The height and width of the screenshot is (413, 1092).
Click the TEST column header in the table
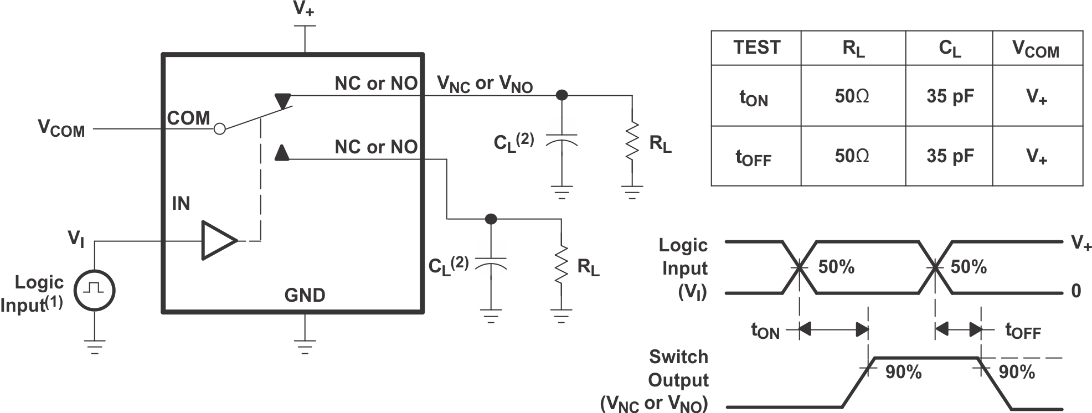click(x=756, y=48)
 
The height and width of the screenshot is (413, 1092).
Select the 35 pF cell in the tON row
click(x=950, y=96)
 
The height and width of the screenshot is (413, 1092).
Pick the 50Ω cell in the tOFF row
click(x=852, y=156)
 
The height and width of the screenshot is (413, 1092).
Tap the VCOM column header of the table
click(x=1036, y=49)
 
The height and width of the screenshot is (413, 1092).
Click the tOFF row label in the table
click(x=753, y=157)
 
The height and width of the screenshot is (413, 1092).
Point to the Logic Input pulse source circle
click(x=94, y=290)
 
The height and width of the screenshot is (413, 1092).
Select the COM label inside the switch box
click(x=188, y=118)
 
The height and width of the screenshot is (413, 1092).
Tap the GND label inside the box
click(x=305, y=296)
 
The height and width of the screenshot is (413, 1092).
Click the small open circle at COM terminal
click(x=220, y=129)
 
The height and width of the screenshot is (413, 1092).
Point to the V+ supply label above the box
click(x=304, y=9)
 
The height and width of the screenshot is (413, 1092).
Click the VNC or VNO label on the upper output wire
click(x=485, y=84)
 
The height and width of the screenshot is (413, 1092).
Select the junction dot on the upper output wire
click(x=562, y=95)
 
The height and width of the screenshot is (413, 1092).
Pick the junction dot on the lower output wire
click(x=491, y=219)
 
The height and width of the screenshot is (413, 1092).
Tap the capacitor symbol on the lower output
click(x=491, y=264)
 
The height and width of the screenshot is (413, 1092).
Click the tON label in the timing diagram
click(x=765, y=331)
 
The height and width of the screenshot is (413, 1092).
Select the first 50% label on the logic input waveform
click(x=836, y=267)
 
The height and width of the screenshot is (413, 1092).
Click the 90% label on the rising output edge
click(x=903, y=372)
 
